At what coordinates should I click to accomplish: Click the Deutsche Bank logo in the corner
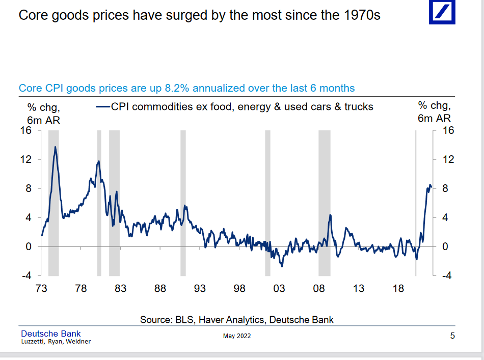(442, 13)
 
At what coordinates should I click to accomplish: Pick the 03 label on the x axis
(279, 289)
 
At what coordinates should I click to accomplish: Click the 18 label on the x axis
(398, 289)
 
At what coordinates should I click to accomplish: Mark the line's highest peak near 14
(56, 147)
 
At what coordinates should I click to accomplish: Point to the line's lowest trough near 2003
(281, 266)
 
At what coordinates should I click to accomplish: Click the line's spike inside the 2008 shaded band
(330, 215)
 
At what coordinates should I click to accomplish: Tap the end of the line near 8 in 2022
(431, 187)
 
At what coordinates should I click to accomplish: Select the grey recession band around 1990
(183, 203)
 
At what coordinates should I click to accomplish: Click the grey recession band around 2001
(267, 203)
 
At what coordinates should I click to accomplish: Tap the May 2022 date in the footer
(237, 336)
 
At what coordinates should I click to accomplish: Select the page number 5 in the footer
(452, 336)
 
